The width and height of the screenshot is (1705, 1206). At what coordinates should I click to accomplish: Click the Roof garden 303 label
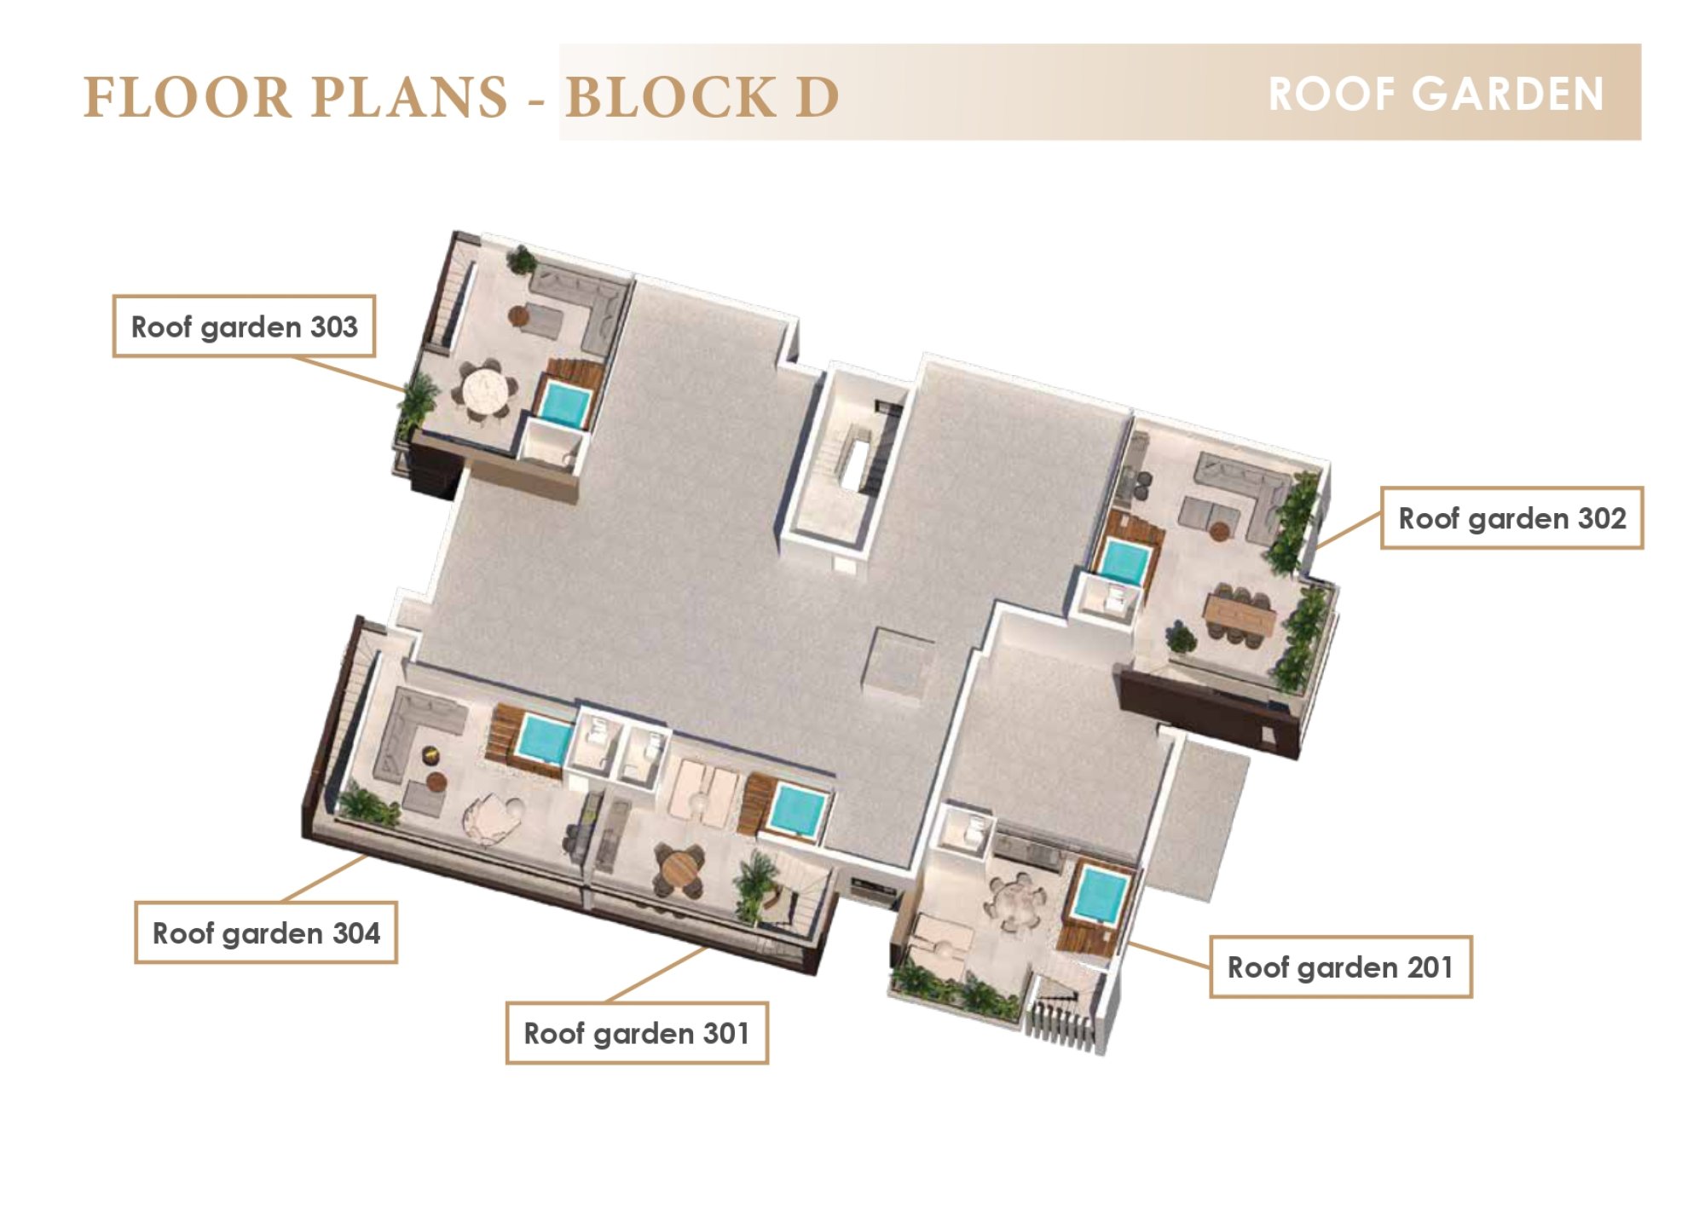tap(244, 326)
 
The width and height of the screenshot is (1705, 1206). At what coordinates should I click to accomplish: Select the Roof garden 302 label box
tap(1511, 518)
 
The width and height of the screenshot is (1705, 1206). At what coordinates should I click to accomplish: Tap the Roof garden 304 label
tap(266, 933)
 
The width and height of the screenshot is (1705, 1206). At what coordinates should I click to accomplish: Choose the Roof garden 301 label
tap(637, 1034)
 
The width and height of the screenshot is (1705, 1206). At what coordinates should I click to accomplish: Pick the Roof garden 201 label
tap(1341, 967)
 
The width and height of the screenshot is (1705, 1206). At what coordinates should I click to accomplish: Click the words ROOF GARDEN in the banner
tap(1436, 94)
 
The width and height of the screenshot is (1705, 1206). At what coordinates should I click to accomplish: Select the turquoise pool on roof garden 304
tap(544, 738)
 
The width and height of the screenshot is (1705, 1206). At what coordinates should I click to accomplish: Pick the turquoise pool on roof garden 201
tap(1100, 895)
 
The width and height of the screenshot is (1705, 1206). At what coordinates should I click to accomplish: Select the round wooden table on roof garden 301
tap(679, 869)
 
